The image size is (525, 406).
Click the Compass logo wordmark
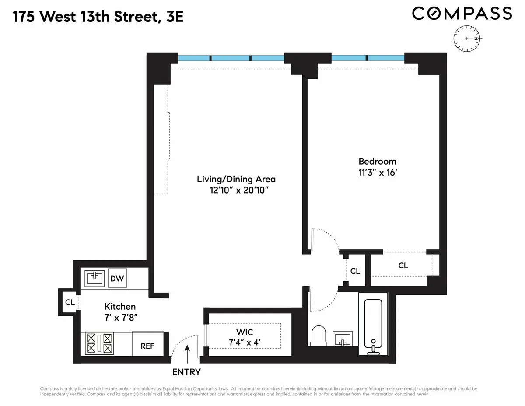pos(462,13)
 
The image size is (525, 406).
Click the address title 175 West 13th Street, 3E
pos(98,17)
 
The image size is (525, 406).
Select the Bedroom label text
pos(377,161)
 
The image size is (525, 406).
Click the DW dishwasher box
pos(117,278)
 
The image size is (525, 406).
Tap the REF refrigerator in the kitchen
pos(147,346)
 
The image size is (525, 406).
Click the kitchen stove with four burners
pos(99,342)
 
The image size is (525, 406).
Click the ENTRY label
pos(186,372)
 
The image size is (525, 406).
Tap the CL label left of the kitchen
pos(70,301)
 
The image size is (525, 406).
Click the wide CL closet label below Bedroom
pos(403,265)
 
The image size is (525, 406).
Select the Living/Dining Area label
pos(236,179)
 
